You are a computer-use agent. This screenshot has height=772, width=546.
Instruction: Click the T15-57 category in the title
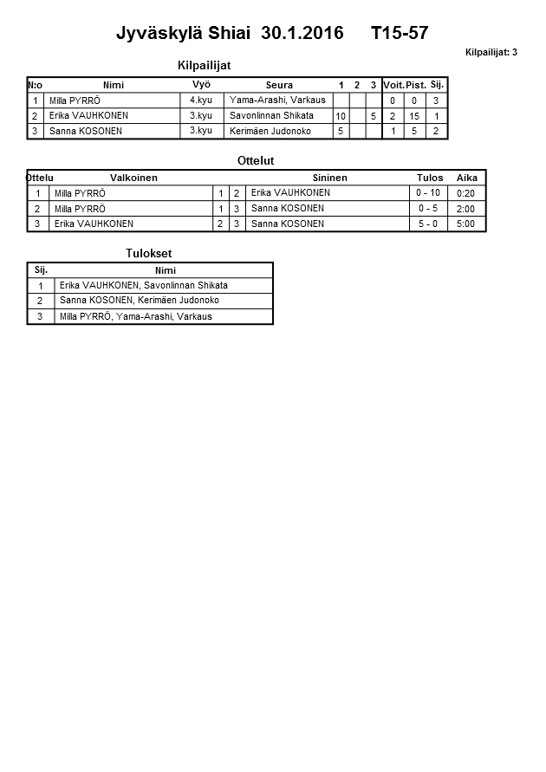(399, 34)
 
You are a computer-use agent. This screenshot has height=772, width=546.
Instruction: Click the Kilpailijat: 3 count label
(491, 53)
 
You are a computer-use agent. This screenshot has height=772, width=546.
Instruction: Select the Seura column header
(279, 85)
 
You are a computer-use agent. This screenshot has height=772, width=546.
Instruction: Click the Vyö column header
(201, 85)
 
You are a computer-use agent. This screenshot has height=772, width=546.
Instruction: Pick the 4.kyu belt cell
(201, 101)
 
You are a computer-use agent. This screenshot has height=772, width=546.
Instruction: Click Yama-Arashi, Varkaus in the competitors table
(277, 101)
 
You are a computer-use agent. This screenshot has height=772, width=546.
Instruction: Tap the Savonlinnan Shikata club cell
(271, 115)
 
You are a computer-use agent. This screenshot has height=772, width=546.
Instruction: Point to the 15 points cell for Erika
(415, 116)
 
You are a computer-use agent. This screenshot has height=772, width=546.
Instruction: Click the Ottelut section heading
(256, 161)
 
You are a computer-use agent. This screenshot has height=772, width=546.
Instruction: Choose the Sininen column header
(329, 178)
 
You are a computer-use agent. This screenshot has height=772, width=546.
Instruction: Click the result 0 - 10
(429, 193)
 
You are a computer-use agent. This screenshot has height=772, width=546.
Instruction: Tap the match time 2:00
(466, 209)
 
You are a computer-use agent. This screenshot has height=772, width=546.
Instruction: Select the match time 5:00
(466, 224)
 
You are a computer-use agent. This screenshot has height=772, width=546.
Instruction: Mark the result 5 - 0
(429, 224)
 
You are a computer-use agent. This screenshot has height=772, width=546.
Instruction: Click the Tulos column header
(430, 178)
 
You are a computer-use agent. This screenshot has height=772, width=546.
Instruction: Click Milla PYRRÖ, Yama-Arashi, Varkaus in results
(135, 316)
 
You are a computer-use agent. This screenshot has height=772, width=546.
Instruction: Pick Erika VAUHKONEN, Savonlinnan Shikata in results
(143, 285)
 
